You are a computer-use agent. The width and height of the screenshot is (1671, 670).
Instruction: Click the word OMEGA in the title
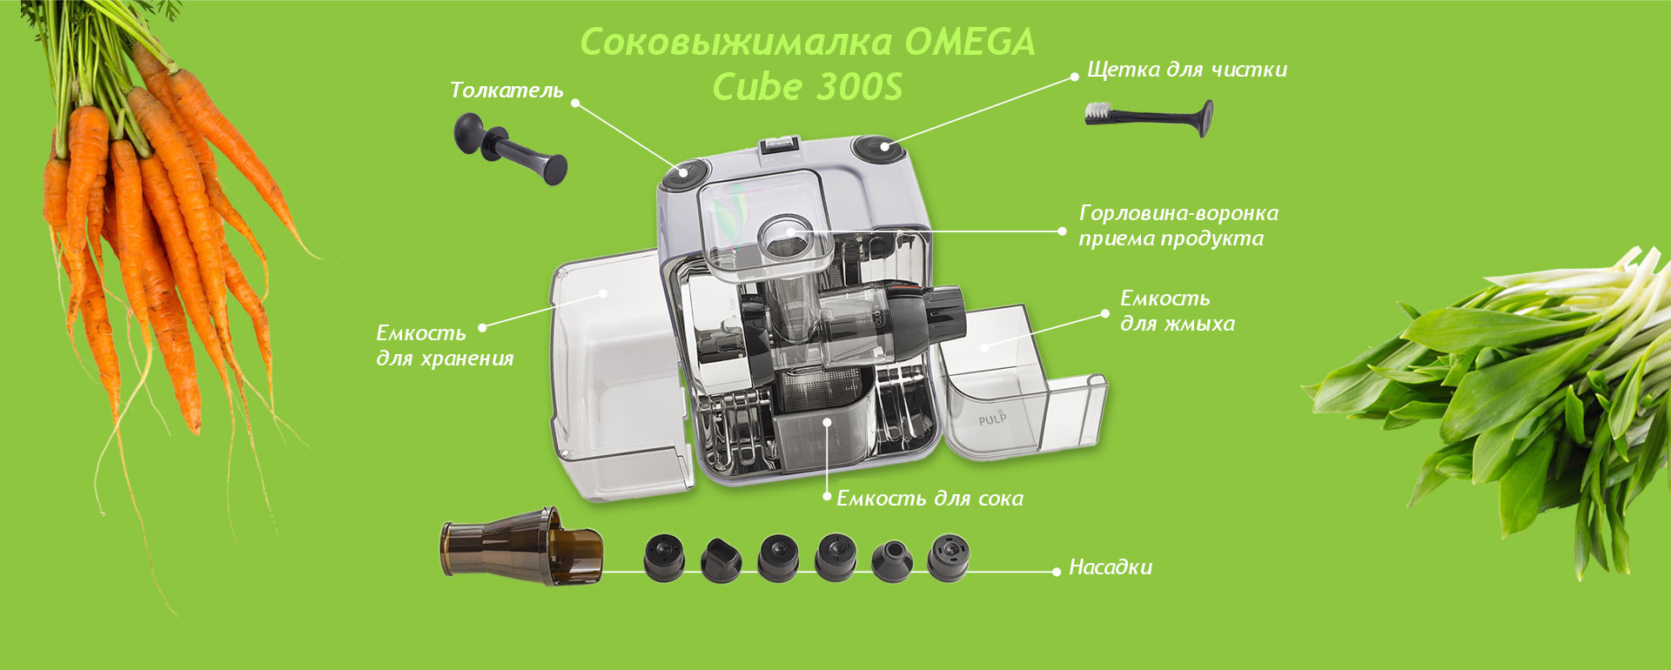(x=970, y=42)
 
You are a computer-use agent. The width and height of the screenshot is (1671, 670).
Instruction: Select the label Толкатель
(x=507, y=90)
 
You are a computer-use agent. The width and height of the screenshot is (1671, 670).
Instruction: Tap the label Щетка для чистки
(x=1187, y=70)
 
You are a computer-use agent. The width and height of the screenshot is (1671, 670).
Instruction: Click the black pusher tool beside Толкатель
(x=510, y=149)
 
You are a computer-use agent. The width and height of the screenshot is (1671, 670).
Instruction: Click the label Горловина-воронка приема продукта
(x=1178, y=225)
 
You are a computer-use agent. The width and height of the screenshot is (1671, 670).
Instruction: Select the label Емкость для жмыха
(x=1177, y=311)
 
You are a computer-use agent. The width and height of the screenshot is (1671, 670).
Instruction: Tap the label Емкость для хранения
(x=445, y=345)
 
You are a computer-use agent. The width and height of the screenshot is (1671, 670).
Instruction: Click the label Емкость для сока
(x=929, y=499)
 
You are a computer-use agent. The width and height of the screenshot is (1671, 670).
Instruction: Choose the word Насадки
(x=1111, y=567)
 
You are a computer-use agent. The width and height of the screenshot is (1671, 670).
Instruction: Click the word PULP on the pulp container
(x=992, y=419)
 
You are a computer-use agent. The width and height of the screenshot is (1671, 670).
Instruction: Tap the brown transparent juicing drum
(x=521, y=546)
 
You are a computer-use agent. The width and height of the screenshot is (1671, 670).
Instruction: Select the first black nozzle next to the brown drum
(x=664, y=557)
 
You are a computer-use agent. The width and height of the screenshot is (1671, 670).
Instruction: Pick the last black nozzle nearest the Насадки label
(x=948, y=557)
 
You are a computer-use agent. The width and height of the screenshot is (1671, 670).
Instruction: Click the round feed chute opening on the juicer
(x=786, y=237)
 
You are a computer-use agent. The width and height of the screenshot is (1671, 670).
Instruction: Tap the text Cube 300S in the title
(x=808, y=87)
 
